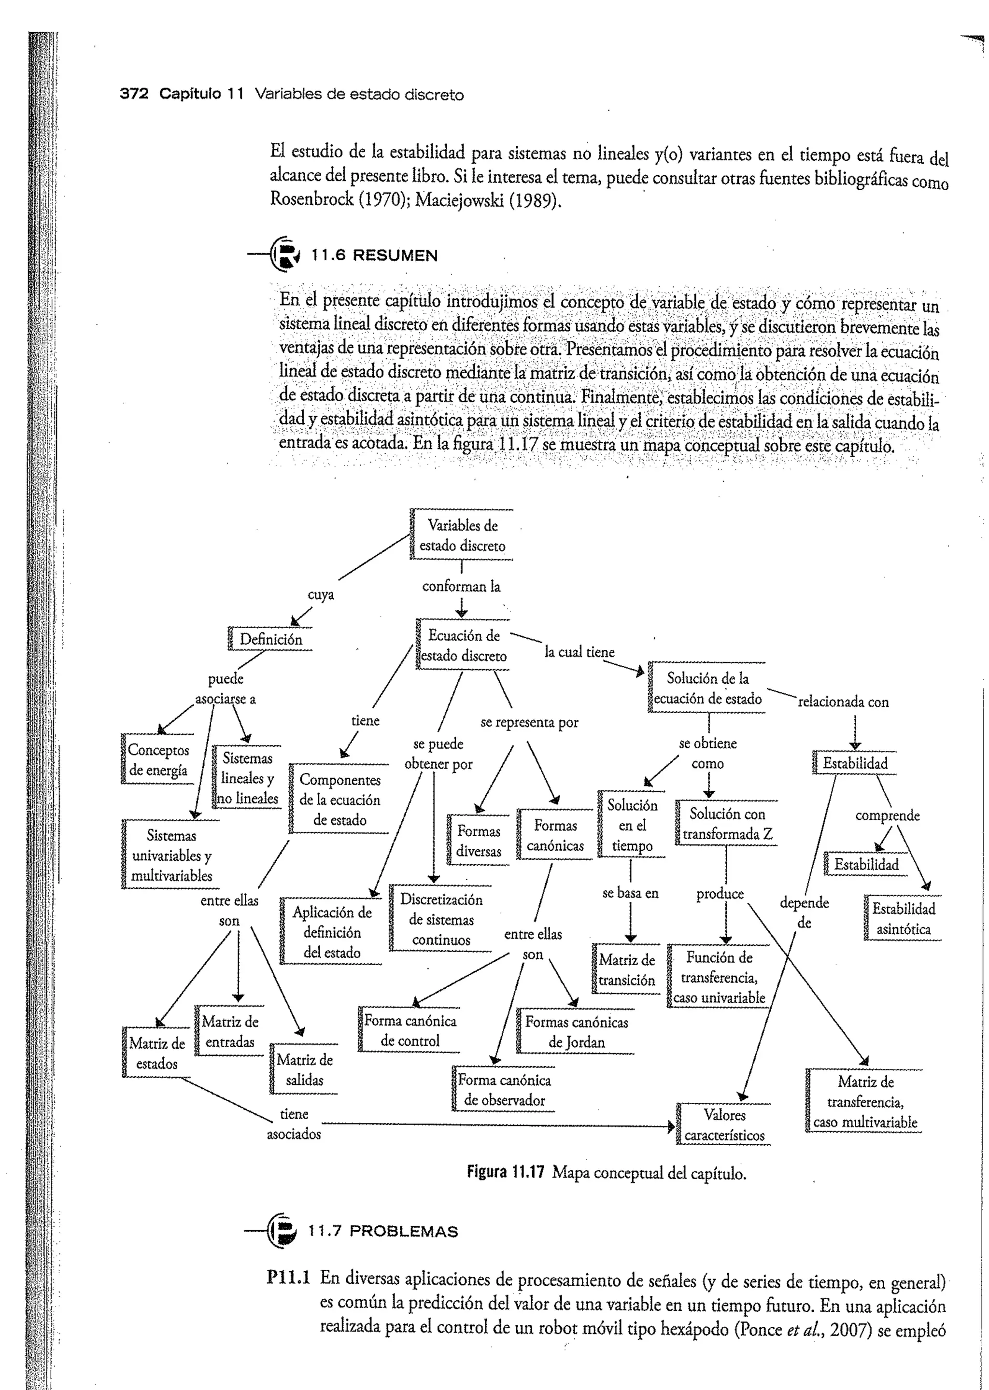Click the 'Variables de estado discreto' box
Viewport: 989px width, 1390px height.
coord(462,535)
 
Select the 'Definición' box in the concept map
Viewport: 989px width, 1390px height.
coord(270,639)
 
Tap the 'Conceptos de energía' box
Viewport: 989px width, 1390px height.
coord(158,760)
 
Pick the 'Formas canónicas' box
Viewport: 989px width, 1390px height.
coord(555,835)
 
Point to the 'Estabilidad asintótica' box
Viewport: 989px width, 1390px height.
coord(903,919)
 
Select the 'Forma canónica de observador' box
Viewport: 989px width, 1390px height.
coord(504,1090)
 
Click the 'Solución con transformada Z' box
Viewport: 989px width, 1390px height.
coord(726,824)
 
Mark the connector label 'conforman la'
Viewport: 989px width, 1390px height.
coord(461,586)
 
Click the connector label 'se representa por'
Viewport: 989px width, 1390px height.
coord(529,723)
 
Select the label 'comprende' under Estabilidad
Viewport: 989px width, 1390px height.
coord(887,815)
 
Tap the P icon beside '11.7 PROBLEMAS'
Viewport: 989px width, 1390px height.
coord(282,1231)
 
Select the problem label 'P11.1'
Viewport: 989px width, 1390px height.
coord(288,1278)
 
